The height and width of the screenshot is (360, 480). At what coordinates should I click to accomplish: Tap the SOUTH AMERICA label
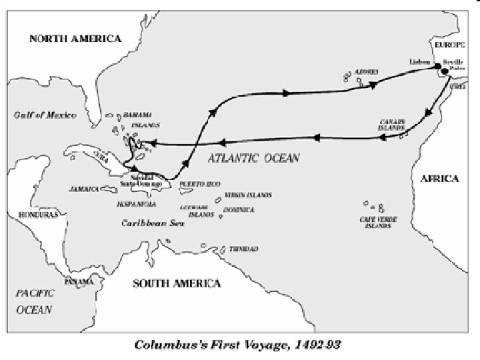(x=177, y=283)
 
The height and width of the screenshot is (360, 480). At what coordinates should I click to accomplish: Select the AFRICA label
(x=439, y=178)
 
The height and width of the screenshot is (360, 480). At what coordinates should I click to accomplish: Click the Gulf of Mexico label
(x=43, y=115)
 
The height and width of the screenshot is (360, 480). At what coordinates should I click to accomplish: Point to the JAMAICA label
(x=85, y=189)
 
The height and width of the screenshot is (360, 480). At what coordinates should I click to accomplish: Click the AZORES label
(x=366, y=71)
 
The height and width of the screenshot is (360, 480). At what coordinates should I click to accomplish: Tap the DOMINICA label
(x=239, y=210)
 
